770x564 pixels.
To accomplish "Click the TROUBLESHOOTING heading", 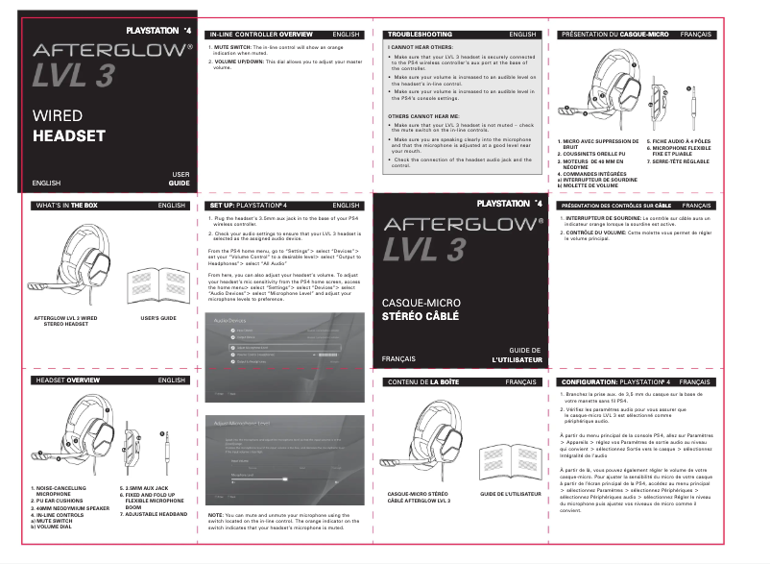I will click(x=420, y=34).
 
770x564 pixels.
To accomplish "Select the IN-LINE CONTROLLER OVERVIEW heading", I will click(x=254, y=34).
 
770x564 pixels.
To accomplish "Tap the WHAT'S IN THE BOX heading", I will click(x=66, y=206).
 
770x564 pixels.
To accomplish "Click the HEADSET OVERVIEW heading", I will click(x=68, y=380).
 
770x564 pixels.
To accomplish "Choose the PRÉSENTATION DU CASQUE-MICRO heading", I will click(x=614, y=34).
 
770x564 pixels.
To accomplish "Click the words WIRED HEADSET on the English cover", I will click(x=68, y=126).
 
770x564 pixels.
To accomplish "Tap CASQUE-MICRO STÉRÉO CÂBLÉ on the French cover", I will click(x=421, y=309).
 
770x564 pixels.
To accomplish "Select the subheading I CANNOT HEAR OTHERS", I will click(x=419, y=46).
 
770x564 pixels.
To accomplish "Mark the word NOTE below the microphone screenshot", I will click(x=216, y=515).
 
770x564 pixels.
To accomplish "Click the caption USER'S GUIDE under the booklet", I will click(x=158, y=317).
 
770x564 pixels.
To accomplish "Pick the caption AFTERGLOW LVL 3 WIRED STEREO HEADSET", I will click(x=65, y=321).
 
